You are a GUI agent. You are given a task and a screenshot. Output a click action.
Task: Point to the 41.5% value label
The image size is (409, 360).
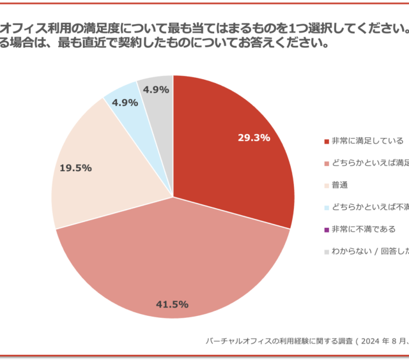point(172,304)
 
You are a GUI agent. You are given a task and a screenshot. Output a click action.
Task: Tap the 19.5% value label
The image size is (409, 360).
point(75,168)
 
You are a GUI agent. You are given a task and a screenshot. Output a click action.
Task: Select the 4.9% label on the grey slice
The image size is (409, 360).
point(156,90)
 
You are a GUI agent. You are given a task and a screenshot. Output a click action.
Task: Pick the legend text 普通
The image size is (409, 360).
point(339,184)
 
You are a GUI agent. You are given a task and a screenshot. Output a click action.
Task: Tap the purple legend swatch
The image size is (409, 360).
point(327,229)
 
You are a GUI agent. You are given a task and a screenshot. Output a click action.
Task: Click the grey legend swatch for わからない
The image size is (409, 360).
point(327,251)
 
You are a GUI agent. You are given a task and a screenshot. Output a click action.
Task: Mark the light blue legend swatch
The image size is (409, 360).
point(327,207)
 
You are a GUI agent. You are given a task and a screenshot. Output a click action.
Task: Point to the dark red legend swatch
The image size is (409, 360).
point(327,141)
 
